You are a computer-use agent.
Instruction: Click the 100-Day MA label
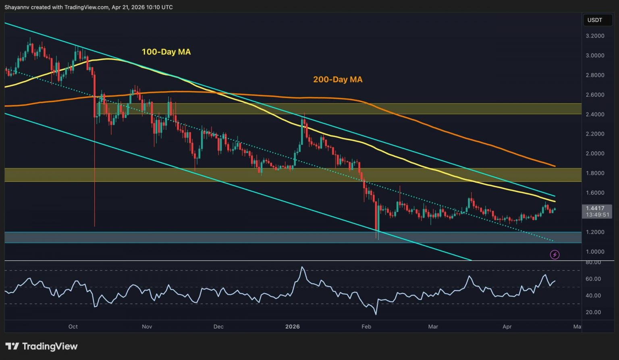click(166, 52)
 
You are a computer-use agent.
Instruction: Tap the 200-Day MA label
click(338, 80)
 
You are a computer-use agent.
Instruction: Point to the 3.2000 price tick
click(594, 36)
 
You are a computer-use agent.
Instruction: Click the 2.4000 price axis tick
click(594, 114)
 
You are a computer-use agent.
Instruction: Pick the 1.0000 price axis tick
click(594, 252)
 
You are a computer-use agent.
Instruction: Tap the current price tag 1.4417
click(595, 208)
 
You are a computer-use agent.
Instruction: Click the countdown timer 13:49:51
click(597, 215)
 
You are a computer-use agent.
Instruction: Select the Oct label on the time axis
click(73, 327)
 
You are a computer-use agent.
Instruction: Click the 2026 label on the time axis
click(293, 327)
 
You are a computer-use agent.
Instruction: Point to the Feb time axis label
click(366, 327)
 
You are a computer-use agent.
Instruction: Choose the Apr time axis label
click(507, 327)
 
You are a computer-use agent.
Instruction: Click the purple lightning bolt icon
click(555, 254)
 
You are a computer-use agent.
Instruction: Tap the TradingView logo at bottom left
click(41, 346)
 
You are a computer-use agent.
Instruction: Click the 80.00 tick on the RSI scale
click(593, 262)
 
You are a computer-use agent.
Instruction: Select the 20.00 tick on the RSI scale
click(593, 312)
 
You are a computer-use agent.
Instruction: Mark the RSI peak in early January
click(302, 267)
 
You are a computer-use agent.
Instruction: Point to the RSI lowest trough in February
click(376, 314)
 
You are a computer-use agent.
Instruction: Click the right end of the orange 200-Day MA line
click(555, 166)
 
